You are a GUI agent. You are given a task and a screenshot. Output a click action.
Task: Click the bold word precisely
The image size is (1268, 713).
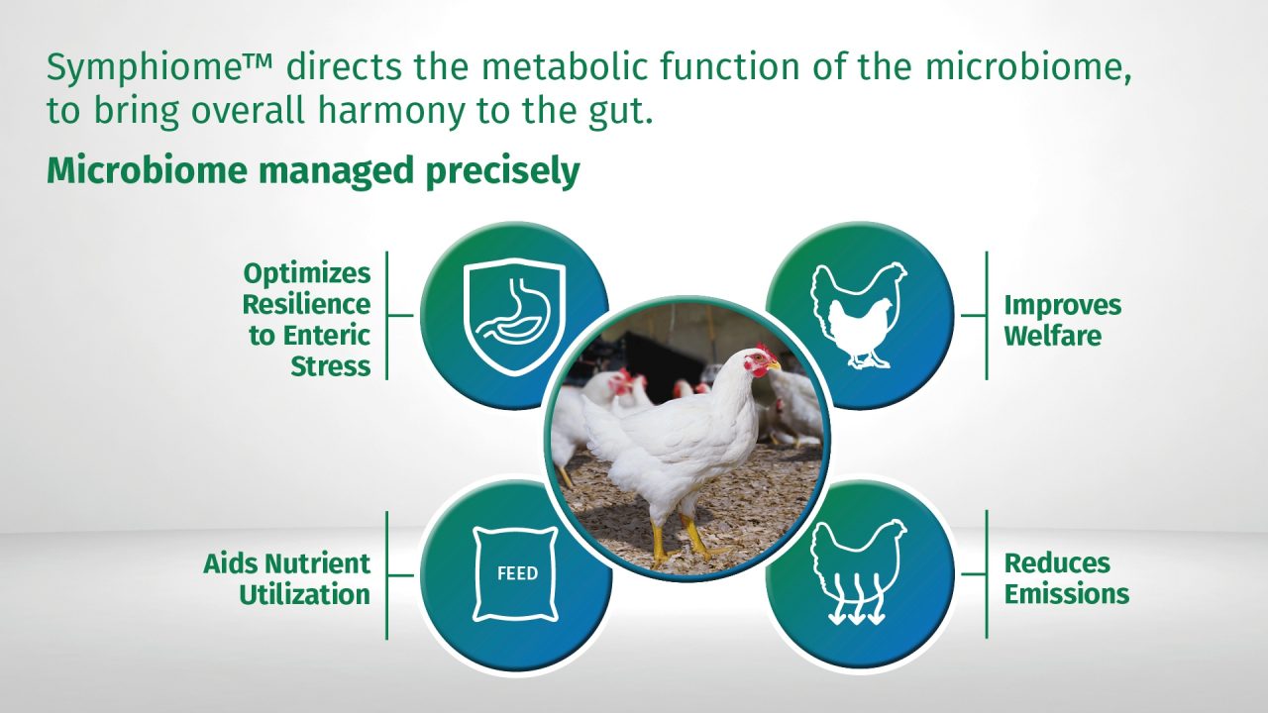[x=502, y=171]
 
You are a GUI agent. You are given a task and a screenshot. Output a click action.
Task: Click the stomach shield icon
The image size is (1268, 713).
[x=514, y=316]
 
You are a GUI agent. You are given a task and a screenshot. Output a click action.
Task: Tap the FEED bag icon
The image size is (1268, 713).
[x=515, y=573]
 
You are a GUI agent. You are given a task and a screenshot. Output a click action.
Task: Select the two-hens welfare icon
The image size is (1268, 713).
[x=859, y=315]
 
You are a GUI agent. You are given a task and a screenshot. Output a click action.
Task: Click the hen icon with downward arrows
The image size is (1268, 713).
[x=859, y=571]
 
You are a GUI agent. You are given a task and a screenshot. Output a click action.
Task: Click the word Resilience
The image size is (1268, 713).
[x=306, y=304]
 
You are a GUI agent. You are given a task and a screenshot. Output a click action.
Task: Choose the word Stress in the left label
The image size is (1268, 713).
[x=331, y=366]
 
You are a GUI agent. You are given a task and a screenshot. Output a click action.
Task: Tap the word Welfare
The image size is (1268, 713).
[x=1053, y=336]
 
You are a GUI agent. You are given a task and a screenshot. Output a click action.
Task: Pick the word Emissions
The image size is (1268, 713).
[x=1067, y=594]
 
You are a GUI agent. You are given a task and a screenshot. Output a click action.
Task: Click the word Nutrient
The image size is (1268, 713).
[x=318, y=563]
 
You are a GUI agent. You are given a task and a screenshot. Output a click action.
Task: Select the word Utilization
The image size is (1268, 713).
[x=304, y=595]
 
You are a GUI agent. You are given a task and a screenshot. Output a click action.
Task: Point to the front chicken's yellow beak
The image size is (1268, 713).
[x=775, y=367]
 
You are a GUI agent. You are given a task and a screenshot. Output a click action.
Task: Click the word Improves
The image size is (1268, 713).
[x=1063, y=306]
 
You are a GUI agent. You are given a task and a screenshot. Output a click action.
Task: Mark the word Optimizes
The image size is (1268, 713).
[x=307, y=274]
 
